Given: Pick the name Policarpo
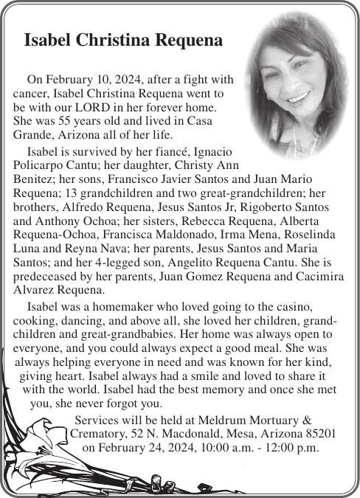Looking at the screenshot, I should point(42,165).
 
